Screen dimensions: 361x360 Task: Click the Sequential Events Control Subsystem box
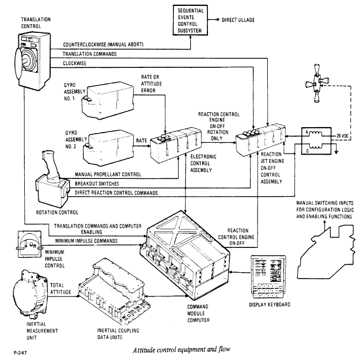190,20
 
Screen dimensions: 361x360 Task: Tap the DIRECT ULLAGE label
238,20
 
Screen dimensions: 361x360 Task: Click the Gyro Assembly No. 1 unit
108,101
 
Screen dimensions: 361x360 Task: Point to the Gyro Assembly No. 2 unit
108,148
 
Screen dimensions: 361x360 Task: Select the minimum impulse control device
30,244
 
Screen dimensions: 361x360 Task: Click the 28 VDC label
343,136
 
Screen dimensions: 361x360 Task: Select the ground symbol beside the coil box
336,152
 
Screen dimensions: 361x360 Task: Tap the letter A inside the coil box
307,132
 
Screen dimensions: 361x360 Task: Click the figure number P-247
20,352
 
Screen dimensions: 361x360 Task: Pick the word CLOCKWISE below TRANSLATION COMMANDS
74,64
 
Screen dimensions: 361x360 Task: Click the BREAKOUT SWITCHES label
97,184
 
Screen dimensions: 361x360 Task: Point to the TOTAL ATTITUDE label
60,289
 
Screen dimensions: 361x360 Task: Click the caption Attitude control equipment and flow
182,349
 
